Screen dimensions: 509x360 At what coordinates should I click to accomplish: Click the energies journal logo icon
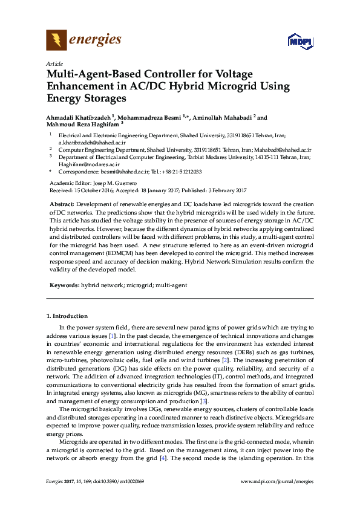click(x=57, y=41)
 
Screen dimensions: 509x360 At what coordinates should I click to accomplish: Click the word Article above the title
click(x=54, y=63)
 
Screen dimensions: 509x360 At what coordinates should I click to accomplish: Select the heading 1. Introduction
click(x=67, y=316)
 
